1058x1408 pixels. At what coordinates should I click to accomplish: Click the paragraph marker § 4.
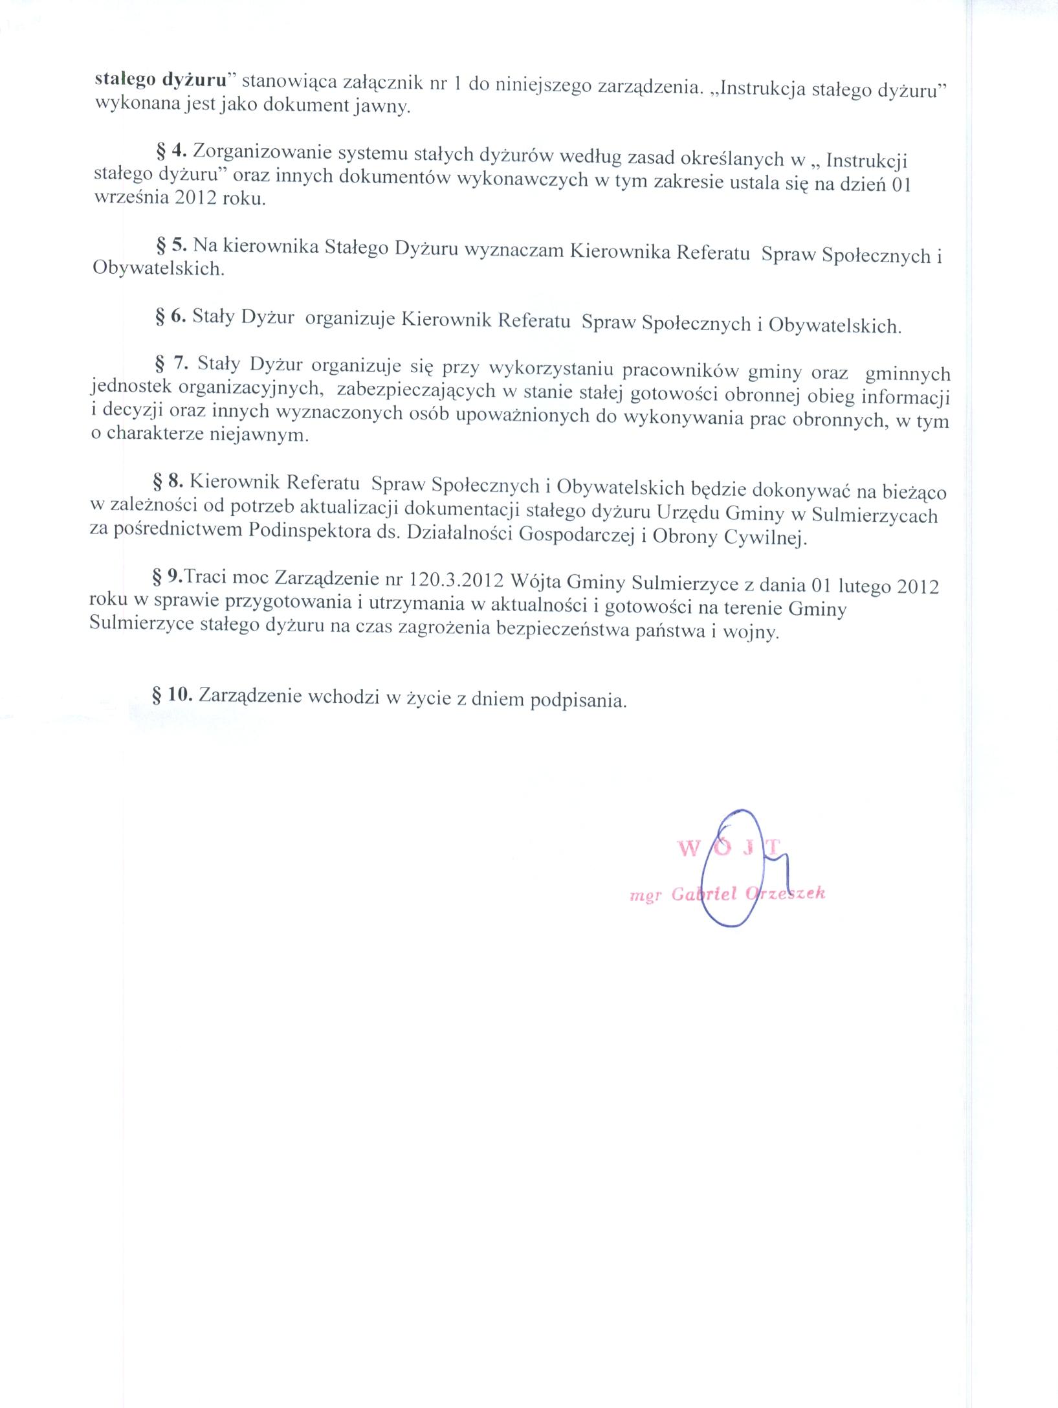(x=171, y=153)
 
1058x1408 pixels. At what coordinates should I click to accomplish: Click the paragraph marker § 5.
(x=171, y=245)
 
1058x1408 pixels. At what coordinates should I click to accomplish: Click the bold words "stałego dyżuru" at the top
(x=164, y=81)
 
